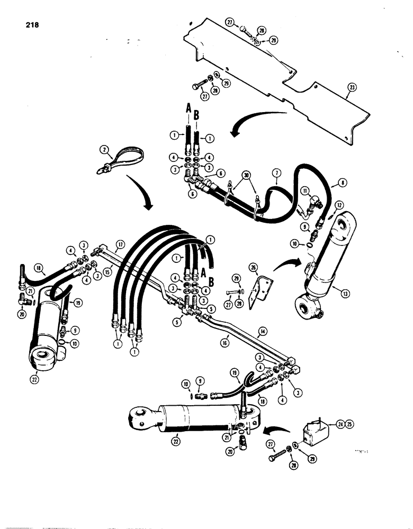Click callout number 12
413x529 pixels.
click(339, 205)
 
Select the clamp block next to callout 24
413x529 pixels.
click(312, 432)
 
